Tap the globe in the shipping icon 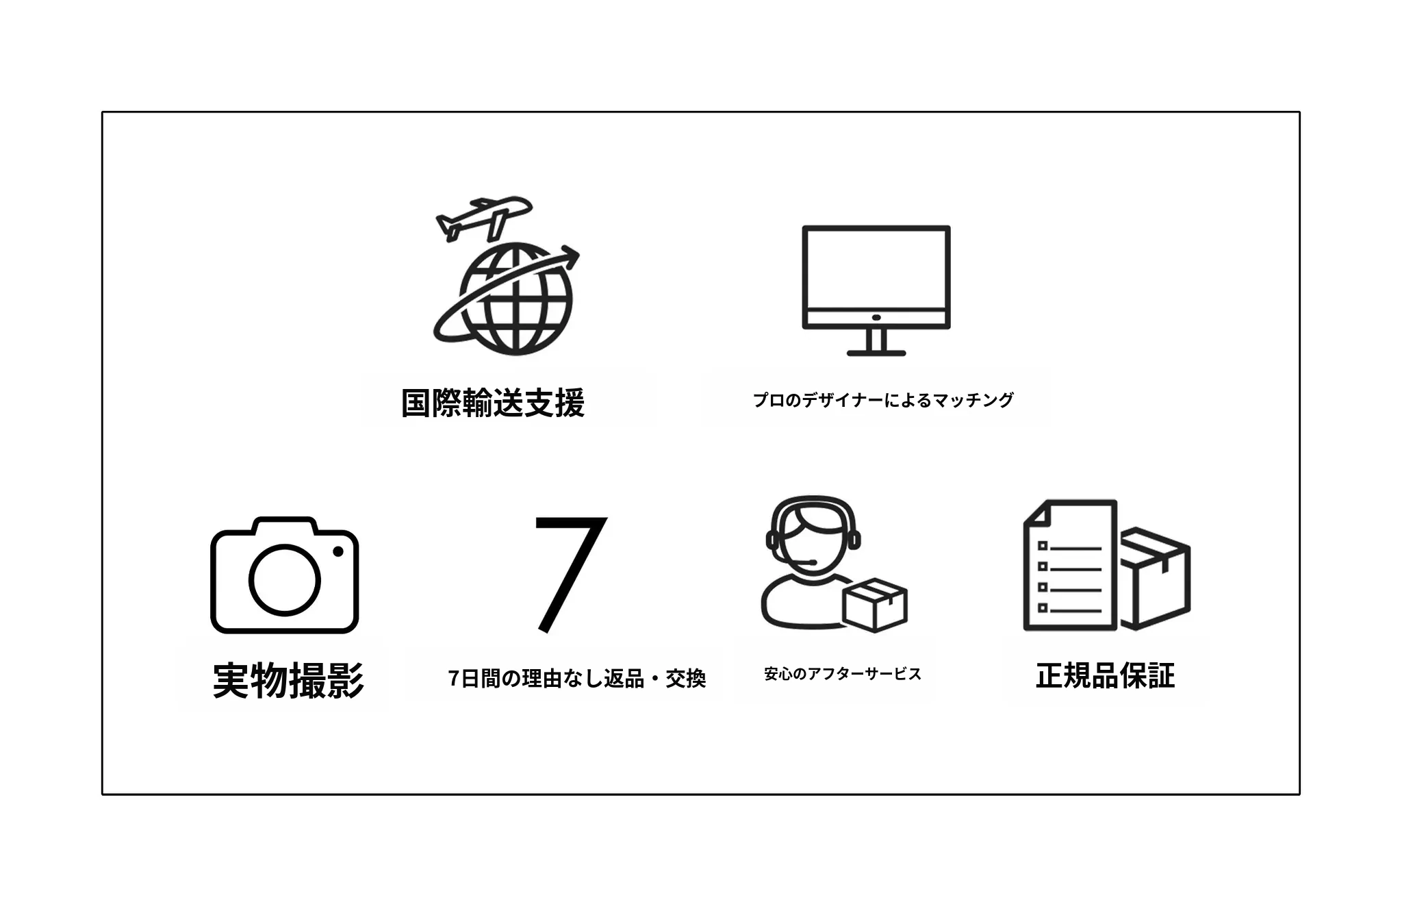[515, 299]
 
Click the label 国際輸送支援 [493, 403]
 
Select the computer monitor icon [876, 290]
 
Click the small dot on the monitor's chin [876, 318]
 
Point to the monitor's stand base [876, 353]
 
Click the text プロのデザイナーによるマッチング [883, 400]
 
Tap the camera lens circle [284, 580]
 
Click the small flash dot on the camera [337, 551]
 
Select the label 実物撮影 [288, 680]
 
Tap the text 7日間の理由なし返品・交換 [577, 679]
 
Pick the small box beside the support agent [875, 605]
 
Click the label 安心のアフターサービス [843, 674]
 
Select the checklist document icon [1070, 565]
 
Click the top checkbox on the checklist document [1043, 546]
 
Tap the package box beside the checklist [1155, 578]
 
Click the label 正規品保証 [1106, 676]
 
